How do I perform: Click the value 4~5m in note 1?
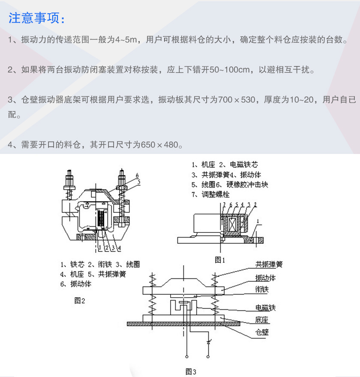(127, 40)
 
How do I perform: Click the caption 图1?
(220, 259)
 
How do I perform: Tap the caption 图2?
(80, 301)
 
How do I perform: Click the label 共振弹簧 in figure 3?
(269, 265)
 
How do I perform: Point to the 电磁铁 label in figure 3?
(265, 308)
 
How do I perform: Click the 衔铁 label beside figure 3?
(262, 290)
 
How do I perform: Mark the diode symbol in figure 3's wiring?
(209, 342)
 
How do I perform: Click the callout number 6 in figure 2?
(137, 175)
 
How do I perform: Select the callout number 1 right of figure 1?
(258, 221)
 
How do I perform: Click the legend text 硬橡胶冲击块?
(248, 185)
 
